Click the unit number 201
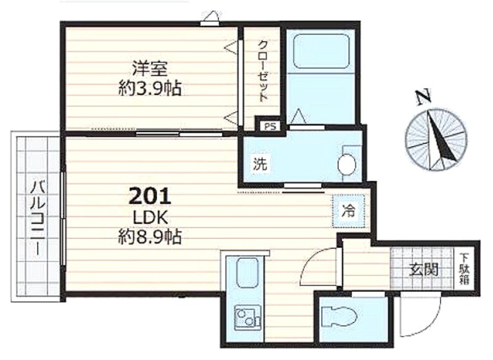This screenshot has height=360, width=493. pyautogui.click(x=150, y=196)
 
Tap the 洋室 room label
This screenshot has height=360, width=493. pyautogui.click(x=150, y=68)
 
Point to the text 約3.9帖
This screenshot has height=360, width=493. pyautogui.click(x=150, y=89)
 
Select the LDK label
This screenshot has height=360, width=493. pyautogui.click(x=150, y=217)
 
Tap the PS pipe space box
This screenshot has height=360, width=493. pyautogui.click(x=271, y=126)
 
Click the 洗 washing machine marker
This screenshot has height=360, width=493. pyautogui.click(x=260, y=164)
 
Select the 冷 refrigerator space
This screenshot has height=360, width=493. pyautogui.click(x=348, y=211)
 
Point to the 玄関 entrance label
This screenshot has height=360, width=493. pyautogui.click(x=424, y=269)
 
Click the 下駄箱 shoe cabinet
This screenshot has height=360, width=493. pyautogui.click(x=464, y=269)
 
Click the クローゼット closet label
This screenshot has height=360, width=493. pyautogui.click(x=263, y=72)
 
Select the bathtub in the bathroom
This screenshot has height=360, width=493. pyautogui.click(x=321, y=51)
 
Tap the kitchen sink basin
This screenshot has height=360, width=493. pyautogui.click(x=247, y=273)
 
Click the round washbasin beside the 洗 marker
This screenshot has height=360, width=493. pyautogui.click(x=347, y=164)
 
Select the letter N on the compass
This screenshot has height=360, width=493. pyautogui.click(x=423, y=97)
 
